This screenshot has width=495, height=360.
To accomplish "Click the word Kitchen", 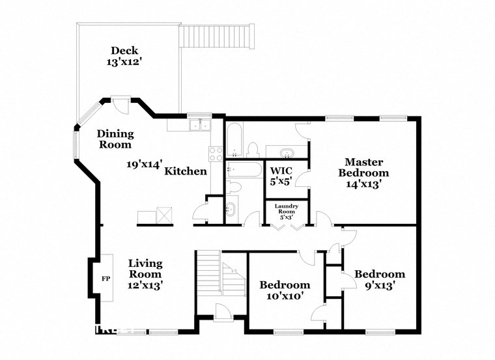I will coord(186,172).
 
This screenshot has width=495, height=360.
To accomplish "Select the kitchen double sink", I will coord(199,125).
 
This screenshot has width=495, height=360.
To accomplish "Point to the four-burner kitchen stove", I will coord(216,154).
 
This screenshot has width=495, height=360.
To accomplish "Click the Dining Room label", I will coord(115,139).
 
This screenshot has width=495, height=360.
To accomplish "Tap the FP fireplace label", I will coord(105,279).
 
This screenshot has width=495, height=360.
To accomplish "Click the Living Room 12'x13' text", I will coord(145,274).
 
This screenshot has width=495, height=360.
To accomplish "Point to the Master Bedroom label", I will coord(367,173).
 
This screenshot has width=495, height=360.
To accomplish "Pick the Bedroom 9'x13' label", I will coord(379,279).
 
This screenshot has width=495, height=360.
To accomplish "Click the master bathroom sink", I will coord(286,154).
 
